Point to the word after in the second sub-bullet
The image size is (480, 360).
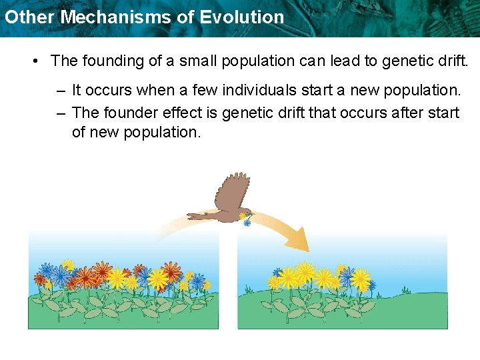(x=404, y=113)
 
